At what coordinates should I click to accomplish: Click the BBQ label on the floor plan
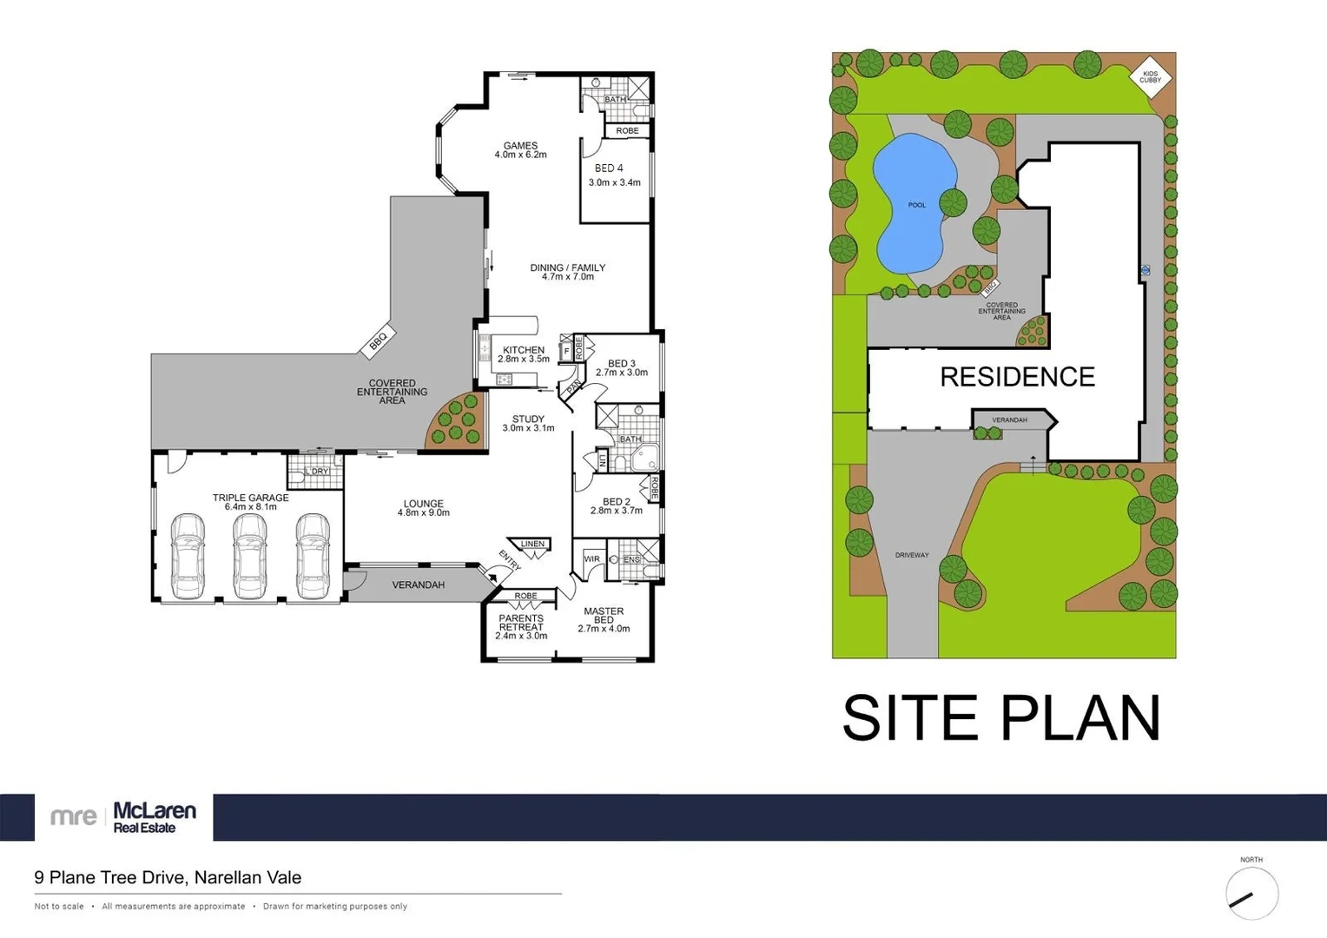(379, 340)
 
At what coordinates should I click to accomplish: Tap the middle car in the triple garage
(250, 556)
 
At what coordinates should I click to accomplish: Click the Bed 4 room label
(609, 168)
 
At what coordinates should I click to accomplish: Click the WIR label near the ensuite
(591, 558)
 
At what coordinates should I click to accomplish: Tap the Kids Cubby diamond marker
(1150, 77)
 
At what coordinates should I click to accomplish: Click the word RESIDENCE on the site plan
(1017, 377)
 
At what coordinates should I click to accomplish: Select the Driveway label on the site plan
(912, 555)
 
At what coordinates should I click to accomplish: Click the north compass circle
(1251, 894)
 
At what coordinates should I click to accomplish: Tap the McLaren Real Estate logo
(123, 816)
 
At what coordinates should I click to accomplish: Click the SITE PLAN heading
(1001, 718)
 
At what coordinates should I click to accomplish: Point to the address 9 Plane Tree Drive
(168, 877)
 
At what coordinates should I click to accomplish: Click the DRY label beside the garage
(320, 472)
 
